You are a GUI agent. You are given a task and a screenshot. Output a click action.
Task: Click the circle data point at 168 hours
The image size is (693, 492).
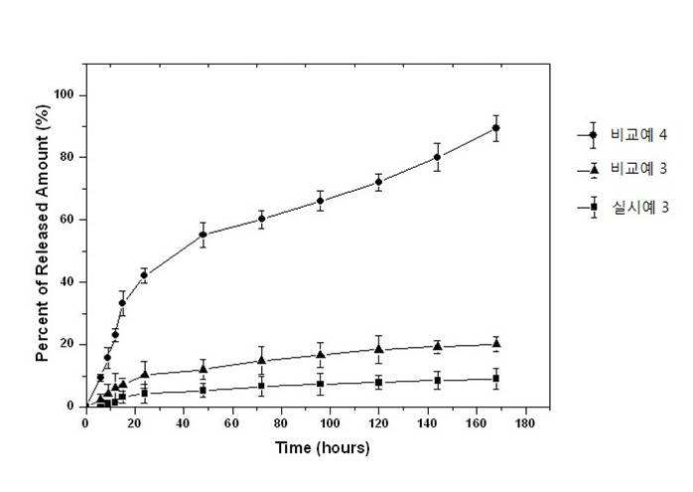click(x=495, y=128)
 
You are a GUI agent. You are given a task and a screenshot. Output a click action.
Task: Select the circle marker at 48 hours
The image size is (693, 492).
click(x=203, y=235)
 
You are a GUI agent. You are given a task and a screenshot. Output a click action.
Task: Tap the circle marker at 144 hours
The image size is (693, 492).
click(x=437, y=157)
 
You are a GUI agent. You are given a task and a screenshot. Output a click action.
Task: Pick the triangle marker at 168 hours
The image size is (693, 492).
click(x=495, y=343)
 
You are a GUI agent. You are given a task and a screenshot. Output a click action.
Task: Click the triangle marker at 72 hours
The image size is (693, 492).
click(x=262, y=360)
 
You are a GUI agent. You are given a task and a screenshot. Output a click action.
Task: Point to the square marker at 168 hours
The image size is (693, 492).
click(x=495, y=379)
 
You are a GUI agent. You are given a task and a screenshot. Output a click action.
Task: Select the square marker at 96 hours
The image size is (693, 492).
click(x=320, y=384)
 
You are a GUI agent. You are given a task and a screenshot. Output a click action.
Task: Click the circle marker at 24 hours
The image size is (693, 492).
click(x=144, y=275)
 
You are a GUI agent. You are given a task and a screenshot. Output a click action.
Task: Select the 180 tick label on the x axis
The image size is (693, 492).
click(x=524, y=423)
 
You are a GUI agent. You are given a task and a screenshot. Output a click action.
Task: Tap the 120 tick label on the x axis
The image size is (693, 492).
click(x=378, y=423)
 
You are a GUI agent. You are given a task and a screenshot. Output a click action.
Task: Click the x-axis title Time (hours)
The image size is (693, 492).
click(x=323, y=447)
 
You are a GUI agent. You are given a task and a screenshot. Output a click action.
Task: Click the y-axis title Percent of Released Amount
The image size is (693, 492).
click(x=42, y=233)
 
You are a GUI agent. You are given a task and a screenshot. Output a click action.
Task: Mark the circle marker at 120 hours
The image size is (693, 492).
click(x=378, y=182)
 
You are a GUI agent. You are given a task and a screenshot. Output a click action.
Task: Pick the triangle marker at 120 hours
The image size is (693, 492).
click(x=378, y=349)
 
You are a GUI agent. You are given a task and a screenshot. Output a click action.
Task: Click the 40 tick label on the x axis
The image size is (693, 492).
click(x=183, y=423)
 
